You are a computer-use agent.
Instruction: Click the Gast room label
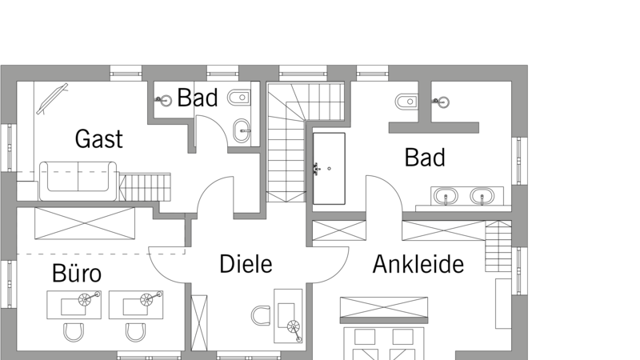[x=98, y=138]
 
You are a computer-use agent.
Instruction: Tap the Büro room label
[x=77, y=273]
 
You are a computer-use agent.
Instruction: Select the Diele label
[x=246, y=264]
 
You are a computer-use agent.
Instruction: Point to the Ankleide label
[x=418, y=264]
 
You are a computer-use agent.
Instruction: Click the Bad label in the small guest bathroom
[x=198, y=98]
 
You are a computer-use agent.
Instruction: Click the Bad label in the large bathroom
[x=425, y=157]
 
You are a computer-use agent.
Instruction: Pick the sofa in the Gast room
[x=78, y=181]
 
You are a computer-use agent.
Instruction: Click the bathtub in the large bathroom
[x=329, y=168]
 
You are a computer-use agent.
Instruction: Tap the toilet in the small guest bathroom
[x=238, y=98]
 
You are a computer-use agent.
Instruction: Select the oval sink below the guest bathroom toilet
[x=242, y=131]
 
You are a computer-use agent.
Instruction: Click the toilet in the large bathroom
[x=406, y=102]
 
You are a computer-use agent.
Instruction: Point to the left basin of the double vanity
[x=446, y=196]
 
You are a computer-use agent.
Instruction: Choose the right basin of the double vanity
[x=482, y=196]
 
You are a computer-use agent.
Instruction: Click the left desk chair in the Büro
[x=74, y=332]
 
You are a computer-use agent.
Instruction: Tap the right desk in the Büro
[x=136, y=305]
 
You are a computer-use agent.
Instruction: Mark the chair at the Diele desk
[x=261, y=315]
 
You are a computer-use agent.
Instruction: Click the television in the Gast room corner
[x=52, y=98]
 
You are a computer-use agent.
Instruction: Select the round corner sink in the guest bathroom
[x=165, y=99]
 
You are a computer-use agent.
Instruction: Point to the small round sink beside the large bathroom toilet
[x=442, y=102]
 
